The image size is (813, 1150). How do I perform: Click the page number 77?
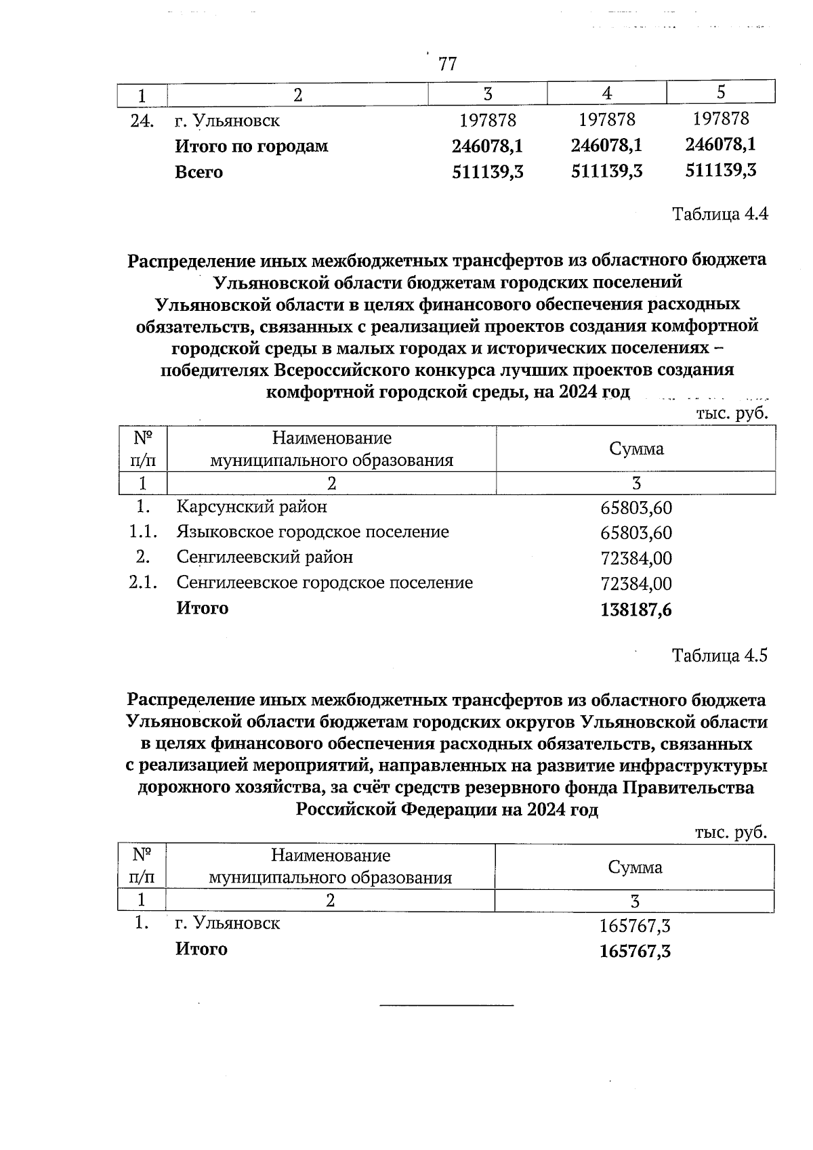point(447,64)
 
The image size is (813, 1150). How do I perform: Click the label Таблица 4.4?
point(720,215)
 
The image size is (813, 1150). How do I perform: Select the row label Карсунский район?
point(251,507)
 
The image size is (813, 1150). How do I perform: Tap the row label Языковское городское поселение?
point(312,532)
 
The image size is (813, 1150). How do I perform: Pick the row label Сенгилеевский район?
point(264,557)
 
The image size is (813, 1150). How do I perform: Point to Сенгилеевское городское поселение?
point(325,582)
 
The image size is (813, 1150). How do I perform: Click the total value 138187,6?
point(635,610)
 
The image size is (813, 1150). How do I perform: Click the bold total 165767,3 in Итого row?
point(635,951)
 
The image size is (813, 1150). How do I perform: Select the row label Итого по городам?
point(251,146)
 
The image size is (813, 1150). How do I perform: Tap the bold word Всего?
point(199,172)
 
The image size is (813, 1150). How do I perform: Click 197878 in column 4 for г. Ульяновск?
point(607,120)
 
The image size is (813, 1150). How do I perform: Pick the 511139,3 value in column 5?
point(721,170)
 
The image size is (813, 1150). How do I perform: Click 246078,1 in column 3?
point(487,146)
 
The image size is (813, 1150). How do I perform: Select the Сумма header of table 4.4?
point(635,448)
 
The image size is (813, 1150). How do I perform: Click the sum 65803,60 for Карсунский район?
point(636,508)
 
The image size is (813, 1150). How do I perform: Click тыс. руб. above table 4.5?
point(731,832)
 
